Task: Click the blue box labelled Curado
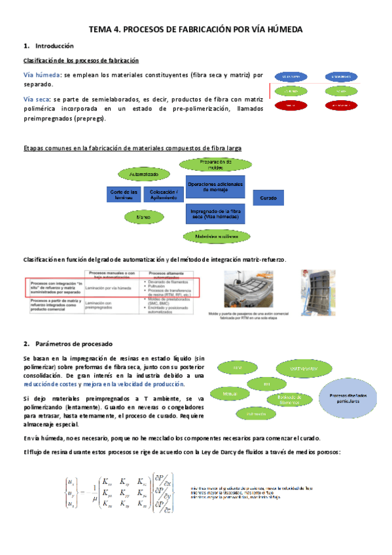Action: click(x=268, y=197)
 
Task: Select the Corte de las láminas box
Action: click(x=124, y=194)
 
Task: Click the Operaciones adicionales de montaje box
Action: click(x=215, y=187)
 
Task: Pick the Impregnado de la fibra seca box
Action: click(x=215, y=215)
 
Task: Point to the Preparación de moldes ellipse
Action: click(x=211, y=164)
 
